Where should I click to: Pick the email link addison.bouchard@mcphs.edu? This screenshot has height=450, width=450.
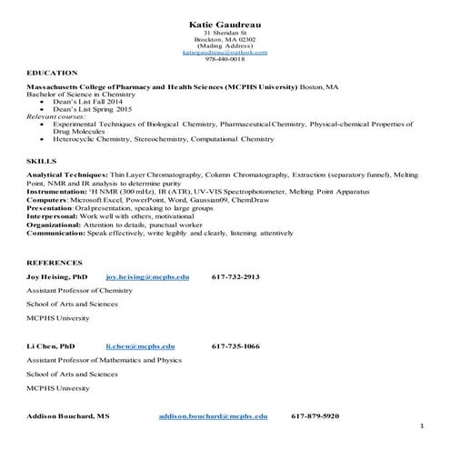[213, 415]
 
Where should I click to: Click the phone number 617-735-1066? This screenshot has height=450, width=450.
[235, 346]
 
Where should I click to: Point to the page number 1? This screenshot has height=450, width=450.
[423, 426]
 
